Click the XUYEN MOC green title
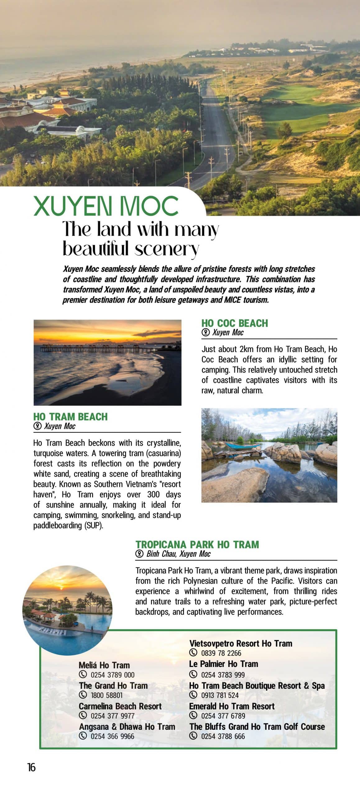pyautogui.click(x=106, y=206)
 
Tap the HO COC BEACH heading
pyautogui.click(x=234, y=323)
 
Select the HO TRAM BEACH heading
pyautogui.click(x=70, y=417)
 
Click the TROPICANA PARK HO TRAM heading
pyautogui.click(x=197, y=544)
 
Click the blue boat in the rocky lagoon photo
pyautogui.click(x=242, y=445)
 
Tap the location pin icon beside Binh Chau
pyautogui.click(x=140, y=554)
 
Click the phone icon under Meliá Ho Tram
pyautogui.click(x=83, y=674)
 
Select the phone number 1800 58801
pyautogui.click(x=107, y=695)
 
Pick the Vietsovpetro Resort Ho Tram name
pyautogui.click(x=241, y=643)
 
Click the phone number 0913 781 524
pyautogui.click(x=220, y=695)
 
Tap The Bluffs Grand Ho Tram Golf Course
pyautogui.click(x=257, y=727)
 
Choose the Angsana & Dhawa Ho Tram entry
pyautogui.click(x=127, y=727)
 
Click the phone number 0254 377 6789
pyautogui.click(x=223, y=715)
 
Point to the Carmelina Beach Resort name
pyautogui.click(x=120, y=706)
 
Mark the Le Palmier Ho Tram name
pyautogui.click(x=223, y=664)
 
